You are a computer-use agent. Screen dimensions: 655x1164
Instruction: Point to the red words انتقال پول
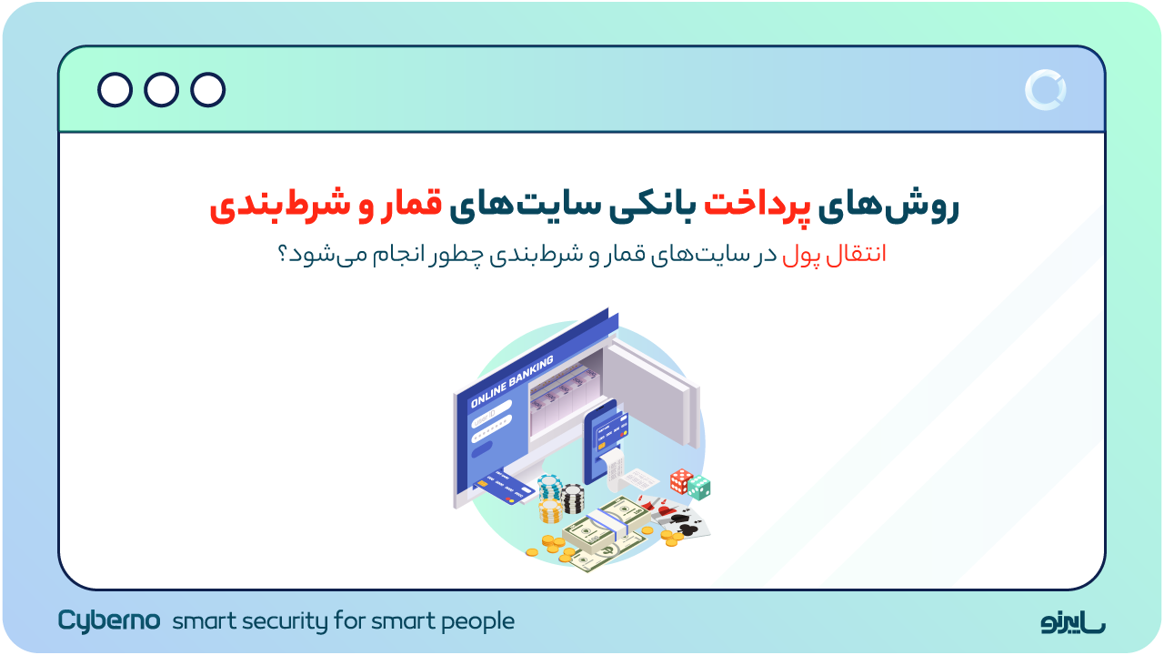834,255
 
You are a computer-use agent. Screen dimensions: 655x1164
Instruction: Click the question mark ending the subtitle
283,255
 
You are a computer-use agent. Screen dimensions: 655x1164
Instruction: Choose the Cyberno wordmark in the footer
109,620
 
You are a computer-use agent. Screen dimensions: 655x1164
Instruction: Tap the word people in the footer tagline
477,622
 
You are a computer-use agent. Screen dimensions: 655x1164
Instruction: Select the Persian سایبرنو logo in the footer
1073,622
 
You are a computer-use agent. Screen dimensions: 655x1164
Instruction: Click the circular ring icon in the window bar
1045,90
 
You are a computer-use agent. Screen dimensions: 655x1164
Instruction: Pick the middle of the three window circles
161,90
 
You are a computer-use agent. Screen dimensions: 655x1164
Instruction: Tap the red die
680,480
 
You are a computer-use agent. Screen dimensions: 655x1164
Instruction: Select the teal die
699,489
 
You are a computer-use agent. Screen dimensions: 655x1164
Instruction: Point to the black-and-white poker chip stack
573,499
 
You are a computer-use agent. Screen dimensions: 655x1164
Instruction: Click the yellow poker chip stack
551,510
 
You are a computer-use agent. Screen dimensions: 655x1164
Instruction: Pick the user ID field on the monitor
491,406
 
